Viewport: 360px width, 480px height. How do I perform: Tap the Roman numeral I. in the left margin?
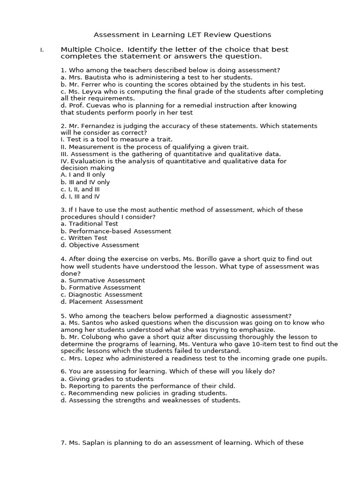(x=42, y=50)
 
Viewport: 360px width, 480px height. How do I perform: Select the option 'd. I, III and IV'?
(x=80, y=197)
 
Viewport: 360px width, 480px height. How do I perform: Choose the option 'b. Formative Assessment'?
(x=101, y=287)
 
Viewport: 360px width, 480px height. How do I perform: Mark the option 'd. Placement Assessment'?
(x=102, y=302)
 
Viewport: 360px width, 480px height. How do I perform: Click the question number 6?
(x=63, y=372)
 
